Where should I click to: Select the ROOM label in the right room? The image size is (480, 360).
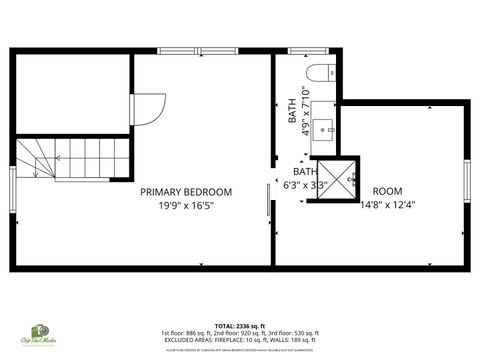point(387,191)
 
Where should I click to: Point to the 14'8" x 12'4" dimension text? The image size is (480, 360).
point(387,205)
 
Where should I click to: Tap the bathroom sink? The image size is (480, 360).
point(322,128)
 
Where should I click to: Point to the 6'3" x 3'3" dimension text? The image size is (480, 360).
point(306,185)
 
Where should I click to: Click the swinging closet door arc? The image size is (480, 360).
point(149,107)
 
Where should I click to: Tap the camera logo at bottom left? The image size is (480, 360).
point(40,331)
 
